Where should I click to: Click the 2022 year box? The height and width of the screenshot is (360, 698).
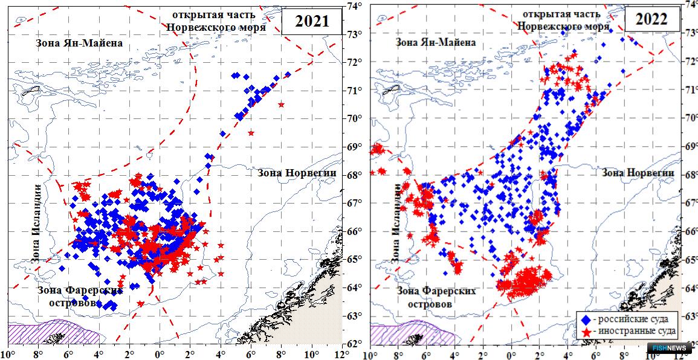point(651,19)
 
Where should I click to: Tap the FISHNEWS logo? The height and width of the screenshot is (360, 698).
point(672,349)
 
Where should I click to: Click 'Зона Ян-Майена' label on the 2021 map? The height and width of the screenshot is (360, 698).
point(72,43)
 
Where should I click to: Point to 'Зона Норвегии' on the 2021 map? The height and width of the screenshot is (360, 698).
point(297,173)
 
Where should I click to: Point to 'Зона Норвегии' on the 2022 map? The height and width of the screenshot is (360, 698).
point(638,173)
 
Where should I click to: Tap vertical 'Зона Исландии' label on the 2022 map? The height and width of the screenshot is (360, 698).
point(396,223)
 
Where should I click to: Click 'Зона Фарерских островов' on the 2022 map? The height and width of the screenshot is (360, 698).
point(436,297)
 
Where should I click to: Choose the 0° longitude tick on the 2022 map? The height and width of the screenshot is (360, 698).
point(512,353)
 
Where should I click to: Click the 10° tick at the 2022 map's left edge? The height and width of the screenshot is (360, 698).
point(370,353)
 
